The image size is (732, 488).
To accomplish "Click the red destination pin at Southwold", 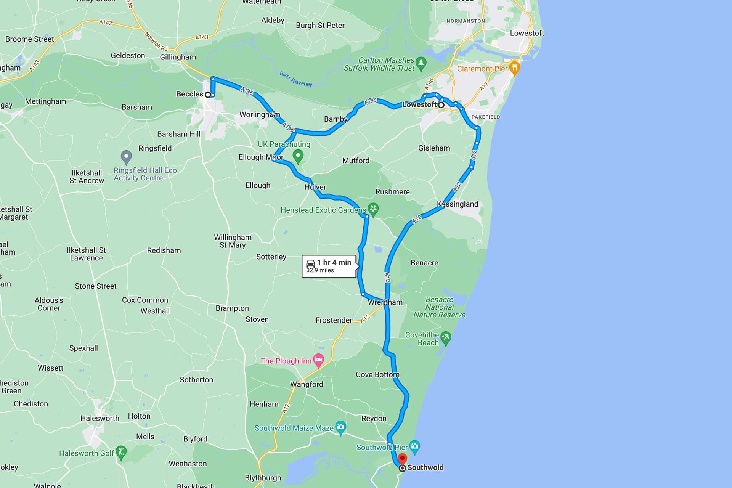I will coord(402,459).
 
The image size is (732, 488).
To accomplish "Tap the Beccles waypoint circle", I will coord(208,95).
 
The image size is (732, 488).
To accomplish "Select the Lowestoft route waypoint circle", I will coord(441,105).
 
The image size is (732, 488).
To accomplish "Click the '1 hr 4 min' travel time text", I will coord(334,262).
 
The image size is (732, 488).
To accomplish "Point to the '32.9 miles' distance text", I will coord(320,270).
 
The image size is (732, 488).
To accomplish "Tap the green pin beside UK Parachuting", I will coord(298,156).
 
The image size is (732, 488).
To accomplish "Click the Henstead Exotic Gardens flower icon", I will coord(373,209).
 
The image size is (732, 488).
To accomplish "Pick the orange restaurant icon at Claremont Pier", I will coord(515,68).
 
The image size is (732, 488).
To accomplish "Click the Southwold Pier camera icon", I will coord(414,446).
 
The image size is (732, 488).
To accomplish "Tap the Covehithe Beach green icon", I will coord(445,337).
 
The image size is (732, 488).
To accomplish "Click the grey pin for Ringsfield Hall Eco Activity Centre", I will coord(126,156).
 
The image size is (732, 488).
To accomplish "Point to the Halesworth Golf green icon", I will coord(121,453).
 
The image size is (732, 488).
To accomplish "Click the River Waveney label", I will coord(296,79).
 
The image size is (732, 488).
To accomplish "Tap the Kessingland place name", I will coord(457,204).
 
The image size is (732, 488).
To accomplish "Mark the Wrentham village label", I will coord(385,302).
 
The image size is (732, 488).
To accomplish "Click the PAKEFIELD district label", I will coord(485,117).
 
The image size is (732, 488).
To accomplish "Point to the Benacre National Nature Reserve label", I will coord(439,307).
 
